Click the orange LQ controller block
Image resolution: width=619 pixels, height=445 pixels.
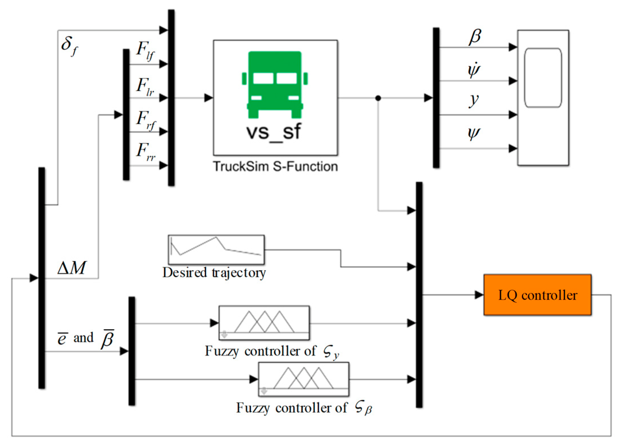click(x=537, y=295)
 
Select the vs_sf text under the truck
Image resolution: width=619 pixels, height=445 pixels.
click(x=274, y=132)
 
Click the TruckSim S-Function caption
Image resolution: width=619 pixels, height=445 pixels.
click(x=275, y=166)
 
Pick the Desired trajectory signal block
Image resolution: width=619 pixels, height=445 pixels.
click(x=216, y=250)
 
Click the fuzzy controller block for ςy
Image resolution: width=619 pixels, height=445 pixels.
click(x=264, y=323)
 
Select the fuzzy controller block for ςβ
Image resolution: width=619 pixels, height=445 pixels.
click(x=303, y=379)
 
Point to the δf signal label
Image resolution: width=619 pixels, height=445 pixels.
click(x=69, y=46)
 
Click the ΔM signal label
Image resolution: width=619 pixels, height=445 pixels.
click(x=71, y=268)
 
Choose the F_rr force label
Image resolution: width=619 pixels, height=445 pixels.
click(x=145, y=152)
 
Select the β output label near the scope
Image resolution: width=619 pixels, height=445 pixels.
click(x=475, y=37)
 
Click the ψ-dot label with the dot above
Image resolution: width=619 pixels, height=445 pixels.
click(x=474, y=70)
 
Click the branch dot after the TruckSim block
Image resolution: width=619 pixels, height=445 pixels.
click(x=378, y=98)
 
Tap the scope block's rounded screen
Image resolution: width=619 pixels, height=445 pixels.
click(x=543, y=78)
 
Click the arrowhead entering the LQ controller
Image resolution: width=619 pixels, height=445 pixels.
click(x=479, y=295)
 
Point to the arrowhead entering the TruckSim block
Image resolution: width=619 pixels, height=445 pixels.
click(x=209, y=98)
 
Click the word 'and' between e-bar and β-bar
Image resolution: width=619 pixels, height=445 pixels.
click(x=83, y=338)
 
